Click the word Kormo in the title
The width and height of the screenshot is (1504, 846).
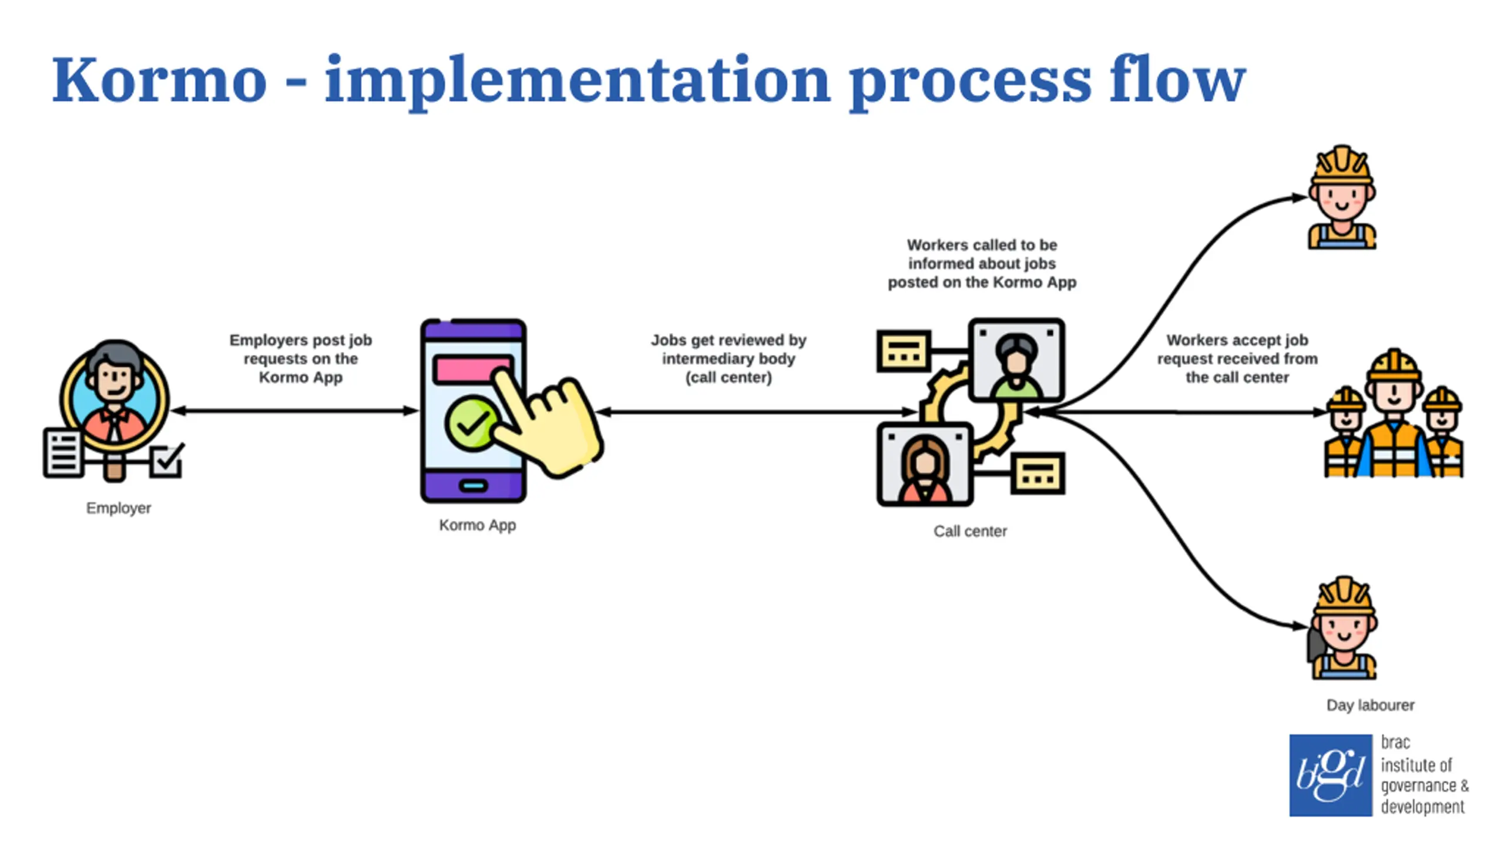point(159,80)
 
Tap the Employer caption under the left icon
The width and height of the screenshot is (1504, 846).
point(119,508)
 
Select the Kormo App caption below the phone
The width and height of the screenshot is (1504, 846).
point(478,525)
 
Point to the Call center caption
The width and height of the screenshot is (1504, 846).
point(970,531)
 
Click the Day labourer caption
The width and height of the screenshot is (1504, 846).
point(1370,705)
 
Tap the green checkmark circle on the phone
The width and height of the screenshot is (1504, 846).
point(472,423)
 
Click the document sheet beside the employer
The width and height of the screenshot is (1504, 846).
point(63,453)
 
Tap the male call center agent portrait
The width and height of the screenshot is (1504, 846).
point(1016,360)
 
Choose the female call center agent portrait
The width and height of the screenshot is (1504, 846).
point(925,464)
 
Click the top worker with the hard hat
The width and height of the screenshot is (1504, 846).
point(1342,197)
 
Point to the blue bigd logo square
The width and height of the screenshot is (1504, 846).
point(1331,775)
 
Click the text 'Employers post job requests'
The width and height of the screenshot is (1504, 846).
point(301,350)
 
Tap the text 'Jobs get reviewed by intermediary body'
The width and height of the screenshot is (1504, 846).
point(728,350)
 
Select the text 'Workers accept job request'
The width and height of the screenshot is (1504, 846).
point(1237,350)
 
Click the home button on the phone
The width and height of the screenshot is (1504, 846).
point(474,486)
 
